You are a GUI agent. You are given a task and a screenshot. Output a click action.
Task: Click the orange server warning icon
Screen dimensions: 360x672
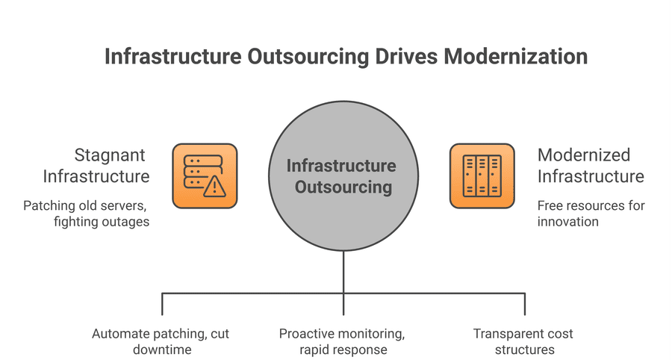pyautogui.click(x=205, y=176)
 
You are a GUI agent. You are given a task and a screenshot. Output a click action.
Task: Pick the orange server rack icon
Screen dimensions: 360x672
pyautogui.click(x=482, y=176)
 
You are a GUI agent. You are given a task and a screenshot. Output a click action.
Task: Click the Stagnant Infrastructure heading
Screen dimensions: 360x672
pyautogui.click(x=96, y=166)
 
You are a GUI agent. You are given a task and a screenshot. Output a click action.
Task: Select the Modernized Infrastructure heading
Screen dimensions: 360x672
pyautogui.click(x=590, y=166)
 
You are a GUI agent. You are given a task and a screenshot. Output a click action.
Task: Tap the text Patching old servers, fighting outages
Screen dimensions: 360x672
pyautogui.click(x=86, y=213)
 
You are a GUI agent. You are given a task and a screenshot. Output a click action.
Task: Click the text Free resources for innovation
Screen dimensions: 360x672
pyautogui.click(x=591, y=213)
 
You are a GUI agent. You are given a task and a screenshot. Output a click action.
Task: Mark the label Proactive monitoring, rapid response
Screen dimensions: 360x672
pyautogui.click(x=343, y=341)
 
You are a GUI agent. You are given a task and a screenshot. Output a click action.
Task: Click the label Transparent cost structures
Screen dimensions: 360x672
pyautogui.click(x=523, y=341)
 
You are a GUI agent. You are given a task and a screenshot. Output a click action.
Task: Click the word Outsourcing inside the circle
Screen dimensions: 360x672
pyautogui.click(x=343, y=187)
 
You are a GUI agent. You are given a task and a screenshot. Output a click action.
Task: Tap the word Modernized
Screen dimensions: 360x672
pyautogui.click(x=584, y=155)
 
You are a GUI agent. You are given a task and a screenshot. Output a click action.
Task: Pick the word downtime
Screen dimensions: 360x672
pyautogui.click(x=162, y=350)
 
